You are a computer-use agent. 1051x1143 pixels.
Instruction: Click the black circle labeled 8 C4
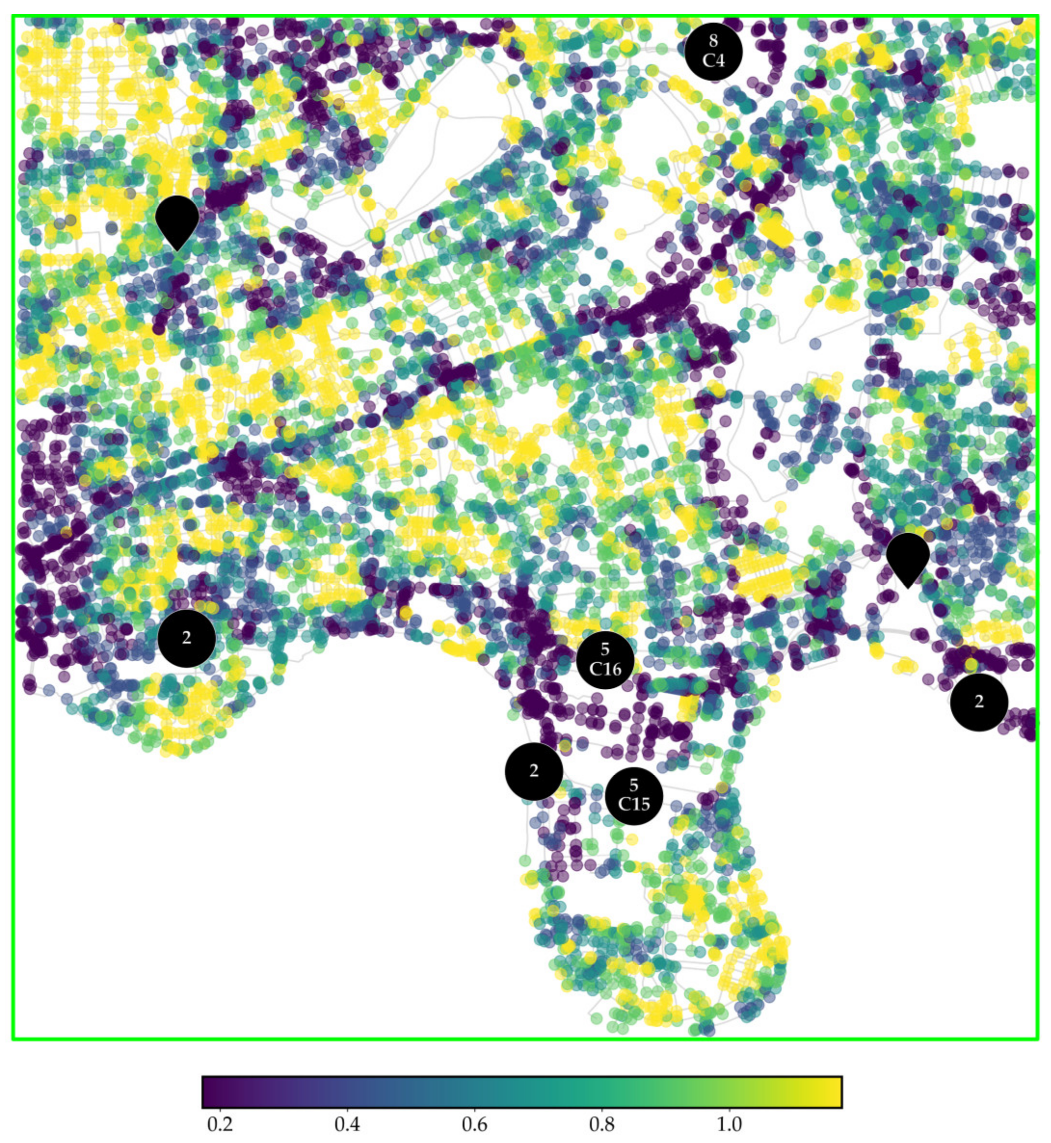713,52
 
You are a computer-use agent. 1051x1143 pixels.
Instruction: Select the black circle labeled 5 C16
605,660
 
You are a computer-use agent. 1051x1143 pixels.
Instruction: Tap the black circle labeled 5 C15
634,796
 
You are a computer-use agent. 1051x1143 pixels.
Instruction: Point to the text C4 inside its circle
713,60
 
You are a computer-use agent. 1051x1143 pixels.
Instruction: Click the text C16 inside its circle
605,669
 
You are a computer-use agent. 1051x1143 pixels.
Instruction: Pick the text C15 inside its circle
634,804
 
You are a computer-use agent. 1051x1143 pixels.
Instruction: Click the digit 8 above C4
713,40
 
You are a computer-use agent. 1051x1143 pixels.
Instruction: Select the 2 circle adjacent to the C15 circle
533,771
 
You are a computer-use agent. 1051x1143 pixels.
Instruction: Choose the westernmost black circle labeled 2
186,638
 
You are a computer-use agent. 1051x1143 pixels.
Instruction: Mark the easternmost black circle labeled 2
979,702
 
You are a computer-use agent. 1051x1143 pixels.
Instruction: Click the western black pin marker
177,219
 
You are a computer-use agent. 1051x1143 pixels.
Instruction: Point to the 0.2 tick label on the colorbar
220,1125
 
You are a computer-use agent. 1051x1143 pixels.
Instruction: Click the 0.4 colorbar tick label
347,1125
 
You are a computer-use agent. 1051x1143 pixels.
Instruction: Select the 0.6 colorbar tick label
474,1125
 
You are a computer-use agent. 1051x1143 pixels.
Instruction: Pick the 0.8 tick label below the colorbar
602,1125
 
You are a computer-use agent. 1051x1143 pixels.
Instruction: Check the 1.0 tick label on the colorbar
729,1125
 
